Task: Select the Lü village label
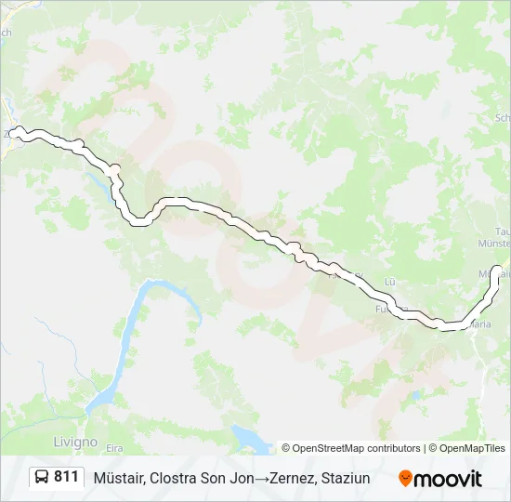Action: (x=390, y=281)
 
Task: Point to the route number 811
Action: (x=66, y=477)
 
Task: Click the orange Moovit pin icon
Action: (x=405, y=478)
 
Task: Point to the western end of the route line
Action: (x=17, y=131)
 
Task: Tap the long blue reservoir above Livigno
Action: (x=135, y=335)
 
